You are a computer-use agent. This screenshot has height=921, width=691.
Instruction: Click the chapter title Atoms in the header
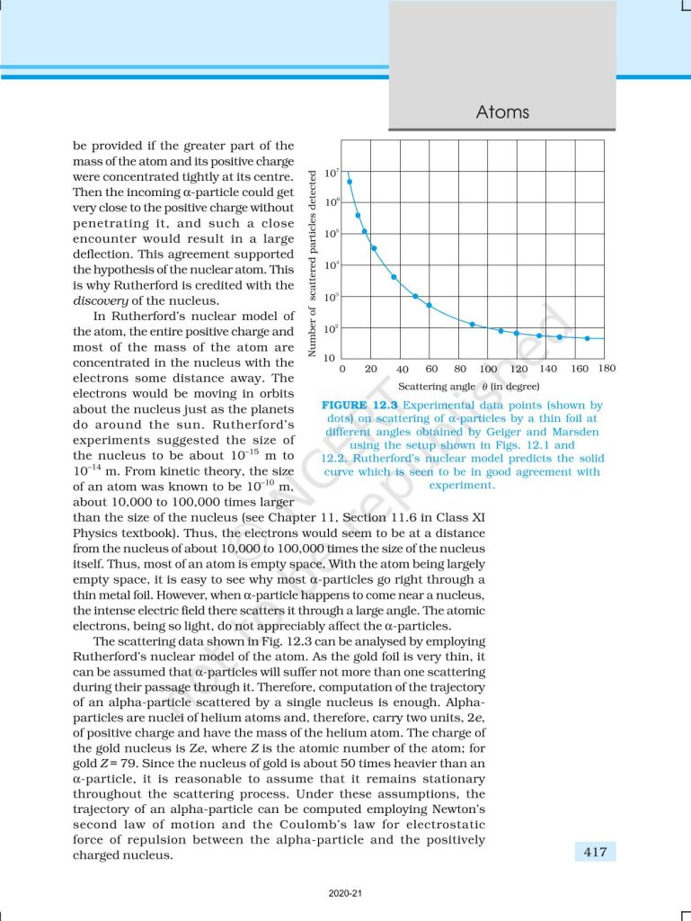tap(502, 112)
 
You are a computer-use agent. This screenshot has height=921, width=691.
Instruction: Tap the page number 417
tap(595, 851)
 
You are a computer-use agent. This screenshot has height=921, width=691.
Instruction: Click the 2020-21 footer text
tap(345, 894)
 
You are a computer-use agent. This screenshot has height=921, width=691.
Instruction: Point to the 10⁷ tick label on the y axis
tap(330, 171)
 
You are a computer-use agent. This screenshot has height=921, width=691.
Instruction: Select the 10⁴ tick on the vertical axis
tap(330, 265)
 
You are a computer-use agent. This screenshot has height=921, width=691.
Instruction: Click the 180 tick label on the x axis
tap(607, 369)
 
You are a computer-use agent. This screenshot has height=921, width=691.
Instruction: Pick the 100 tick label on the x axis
tap(488, 369)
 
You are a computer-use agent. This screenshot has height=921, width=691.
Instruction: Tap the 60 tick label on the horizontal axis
tap(430, 369)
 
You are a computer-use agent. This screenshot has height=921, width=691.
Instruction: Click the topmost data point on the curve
tap(350, 182)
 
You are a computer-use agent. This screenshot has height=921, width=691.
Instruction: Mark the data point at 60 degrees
tap(430, 306)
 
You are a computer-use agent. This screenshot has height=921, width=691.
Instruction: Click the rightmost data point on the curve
tap(587, 338)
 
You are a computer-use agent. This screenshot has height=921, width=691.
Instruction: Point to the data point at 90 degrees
tap(473, 324)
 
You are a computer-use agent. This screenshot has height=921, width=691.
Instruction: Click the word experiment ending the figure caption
tap(462, 485)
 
